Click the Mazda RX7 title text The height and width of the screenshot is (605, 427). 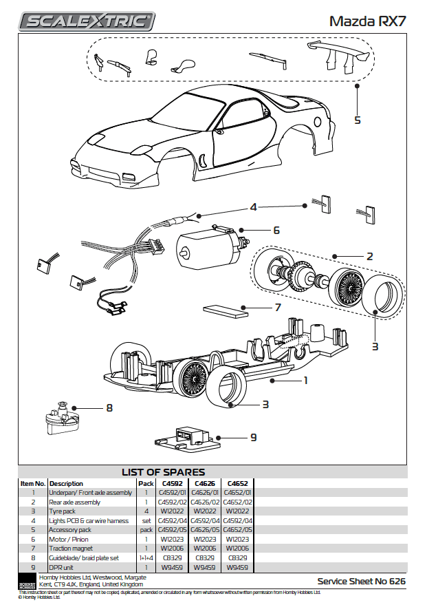[367, 21]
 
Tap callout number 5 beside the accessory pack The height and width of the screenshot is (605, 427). [357, 120]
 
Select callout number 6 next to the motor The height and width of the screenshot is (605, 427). [276, 230]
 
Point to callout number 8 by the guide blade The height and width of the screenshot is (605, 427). [109, 408]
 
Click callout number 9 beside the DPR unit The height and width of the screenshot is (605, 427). [254, 437]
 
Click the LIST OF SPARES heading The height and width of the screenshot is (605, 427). [163, 472]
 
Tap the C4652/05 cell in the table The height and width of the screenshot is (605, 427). [238, 530]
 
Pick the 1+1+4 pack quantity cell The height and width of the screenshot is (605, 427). [146, 558]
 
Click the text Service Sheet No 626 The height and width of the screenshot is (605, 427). [361, 582]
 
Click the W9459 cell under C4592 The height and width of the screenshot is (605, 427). [173, 568]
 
